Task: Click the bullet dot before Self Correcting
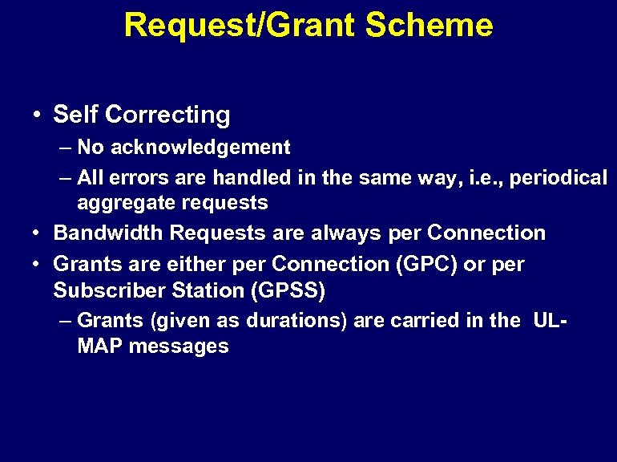coord(38,115)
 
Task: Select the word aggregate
coord(120,203)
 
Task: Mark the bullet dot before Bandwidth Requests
coord(38,233)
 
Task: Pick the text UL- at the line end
coord(550,321)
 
